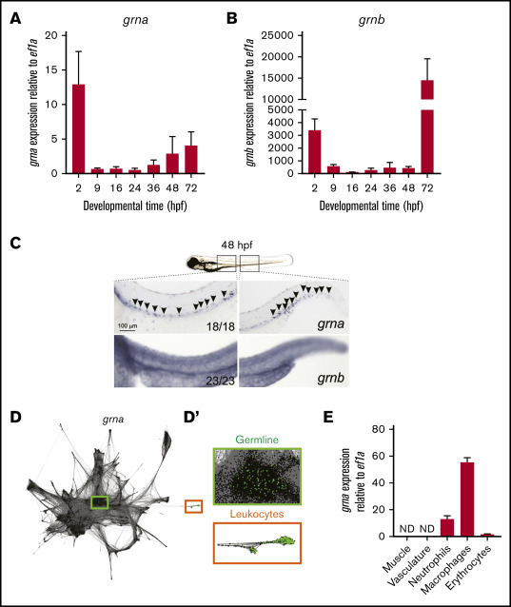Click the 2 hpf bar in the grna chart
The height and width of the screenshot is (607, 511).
coord(78,128)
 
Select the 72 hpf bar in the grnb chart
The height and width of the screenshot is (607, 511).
coord(427,127)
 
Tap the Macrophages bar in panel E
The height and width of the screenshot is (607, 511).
coord(467,499)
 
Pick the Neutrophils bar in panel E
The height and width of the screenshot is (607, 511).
coord(447,528)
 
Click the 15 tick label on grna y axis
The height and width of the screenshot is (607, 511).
coord(51,69)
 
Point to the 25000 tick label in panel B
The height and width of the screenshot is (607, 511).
coord(277,35)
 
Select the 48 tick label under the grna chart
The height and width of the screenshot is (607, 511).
coord(172,187)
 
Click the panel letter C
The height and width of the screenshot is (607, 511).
coord(15,244)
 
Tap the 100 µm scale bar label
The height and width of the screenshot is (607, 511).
coord(128,325)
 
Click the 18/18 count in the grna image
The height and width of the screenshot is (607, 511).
coord(220,326)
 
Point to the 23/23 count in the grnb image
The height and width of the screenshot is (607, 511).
coord(220,381)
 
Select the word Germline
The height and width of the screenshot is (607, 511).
coord(257,440)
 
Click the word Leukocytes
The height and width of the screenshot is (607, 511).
coord(257,514)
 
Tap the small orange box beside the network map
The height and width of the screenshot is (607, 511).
coord(193,506)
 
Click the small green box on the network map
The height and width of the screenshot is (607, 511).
coord(100,502)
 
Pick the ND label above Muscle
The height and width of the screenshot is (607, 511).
coord(407,529)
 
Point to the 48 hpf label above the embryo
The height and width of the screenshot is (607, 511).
coord(237,245)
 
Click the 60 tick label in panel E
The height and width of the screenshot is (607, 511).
coord(379,456)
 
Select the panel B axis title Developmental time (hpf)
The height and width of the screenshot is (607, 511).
coord(371,206)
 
